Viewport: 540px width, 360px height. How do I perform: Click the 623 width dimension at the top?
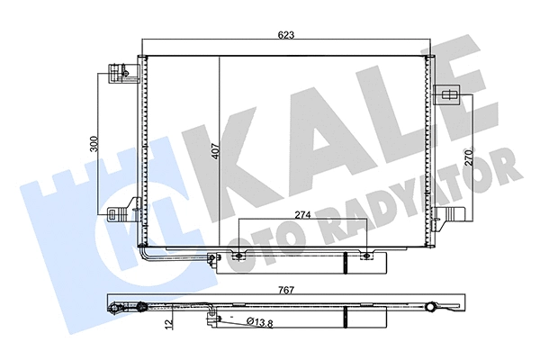[x=286, y=36]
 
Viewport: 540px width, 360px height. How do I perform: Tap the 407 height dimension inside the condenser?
[x=215, y=150]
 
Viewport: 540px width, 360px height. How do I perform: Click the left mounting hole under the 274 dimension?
[x=238, y=258]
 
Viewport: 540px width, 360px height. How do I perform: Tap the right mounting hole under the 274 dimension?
[x=367, y=258]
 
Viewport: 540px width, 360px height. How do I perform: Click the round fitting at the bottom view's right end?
[x=437, y=310]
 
